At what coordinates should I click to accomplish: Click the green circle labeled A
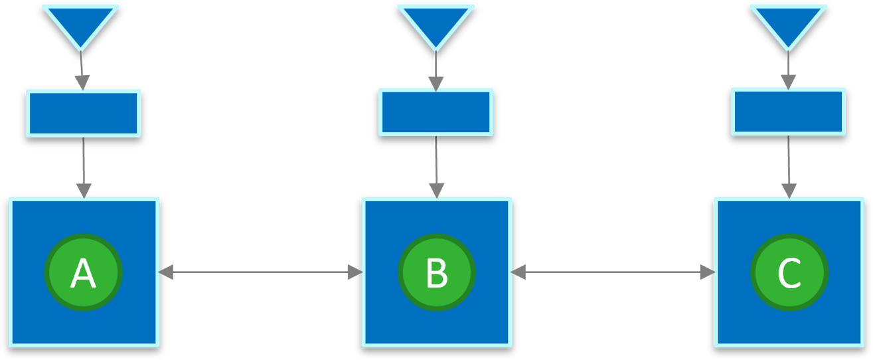tap(83, 272)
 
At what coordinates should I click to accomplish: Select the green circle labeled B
tap(436, 272)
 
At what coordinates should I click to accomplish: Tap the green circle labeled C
tap(789, 272)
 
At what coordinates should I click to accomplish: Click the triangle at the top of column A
tap(81, 23)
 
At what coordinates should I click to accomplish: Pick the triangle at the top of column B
tap(436, 23)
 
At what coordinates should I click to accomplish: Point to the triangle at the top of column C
tap(788, 23)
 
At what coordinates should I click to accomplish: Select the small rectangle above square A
tap(83, 112)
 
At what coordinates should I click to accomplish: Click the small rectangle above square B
tap(436, 112)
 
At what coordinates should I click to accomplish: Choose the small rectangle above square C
tap(788, 112)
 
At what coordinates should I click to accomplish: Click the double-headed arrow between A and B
tap(260, 272)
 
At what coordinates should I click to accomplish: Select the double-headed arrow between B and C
tap(613, 272)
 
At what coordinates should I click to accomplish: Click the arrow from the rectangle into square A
tap(83, 166)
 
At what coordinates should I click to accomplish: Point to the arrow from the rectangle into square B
tap(436, 166)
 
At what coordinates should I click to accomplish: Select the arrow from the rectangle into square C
tap(789, 166)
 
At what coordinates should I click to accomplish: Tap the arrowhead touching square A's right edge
tap(166, 272)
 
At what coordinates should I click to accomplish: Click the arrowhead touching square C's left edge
tap(708, 272)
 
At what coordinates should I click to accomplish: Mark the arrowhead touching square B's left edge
tap(355, 272)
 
